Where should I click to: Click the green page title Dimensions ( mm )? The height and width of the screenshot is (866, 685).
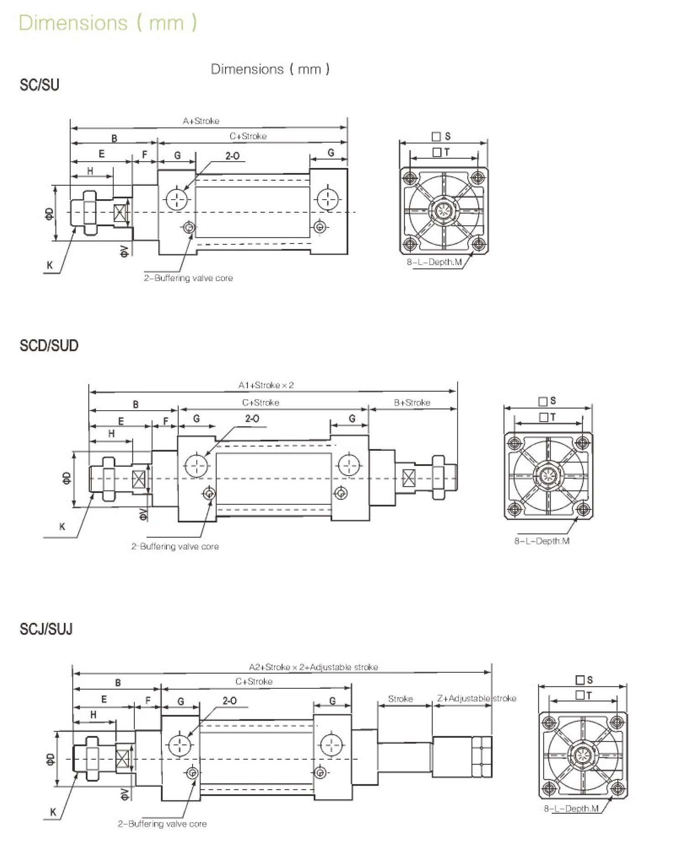(108, 23)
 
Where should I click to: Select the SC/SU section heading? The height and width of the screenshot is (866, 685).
(39, 85)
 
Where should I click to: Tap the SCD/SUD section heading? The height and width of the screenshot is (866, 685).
(49, 345)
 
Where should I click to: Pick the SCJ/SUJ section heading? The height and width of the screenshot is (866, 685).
(46, 629)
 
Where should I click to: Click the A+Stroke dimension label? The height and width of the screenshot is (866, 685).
(201, 121)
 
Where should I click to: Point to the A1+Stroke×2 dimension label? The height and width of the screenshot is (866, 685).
(266, 385)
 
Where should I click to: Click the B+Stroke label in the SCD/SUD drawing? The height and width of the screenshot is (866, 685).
(412, 402)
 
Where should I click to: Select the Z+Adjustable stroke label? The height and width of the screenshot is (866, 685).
(476, 698)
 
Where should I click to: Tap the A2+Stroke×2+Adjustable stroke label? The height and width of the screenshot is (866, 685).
(313, 667)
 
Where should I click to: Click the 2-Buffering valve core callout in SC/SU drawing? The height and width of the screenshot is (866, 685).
(188, 278)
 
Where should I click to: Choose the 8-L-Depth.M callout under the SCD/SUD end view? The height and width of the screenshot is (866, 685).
(542, 541)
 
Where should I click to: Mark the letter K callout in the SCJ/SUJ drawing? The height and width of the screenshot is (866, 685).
(53, 812)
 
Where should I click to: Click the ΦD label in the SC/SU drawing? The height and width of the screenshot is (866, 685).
(49, 213)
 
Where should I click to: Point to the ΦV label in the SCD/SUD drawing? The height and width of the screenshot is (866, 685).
(143, 514)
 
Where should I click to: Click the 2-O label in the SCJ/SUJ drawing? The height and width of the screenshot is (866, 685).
(230, 700)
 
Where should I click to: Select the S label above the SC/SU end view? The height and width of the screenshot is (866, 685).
(447, 136)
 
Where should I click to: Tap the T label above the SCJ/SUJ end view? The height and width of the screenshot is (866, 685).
(589, 695)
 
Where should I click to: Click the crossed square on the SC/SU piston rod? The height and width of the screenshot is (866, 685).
(121, 212)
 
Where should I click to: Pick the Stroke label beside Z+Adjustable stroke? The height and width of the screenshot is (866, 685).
(400, 698)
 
